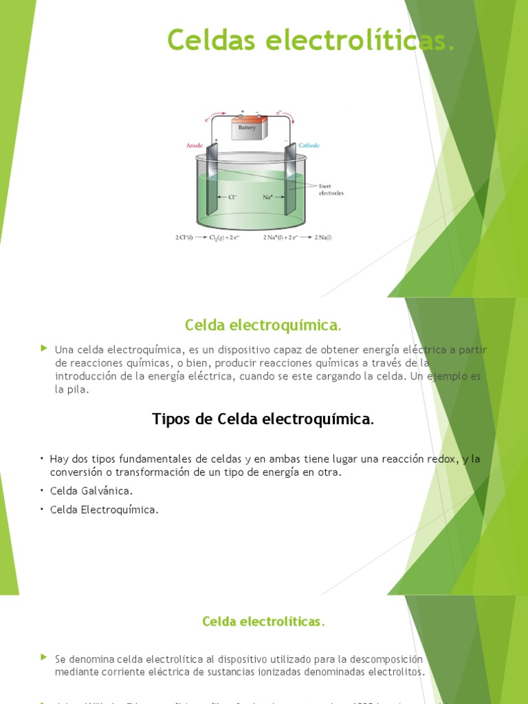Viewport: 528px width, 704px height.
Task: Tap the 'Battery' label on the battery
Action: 247,128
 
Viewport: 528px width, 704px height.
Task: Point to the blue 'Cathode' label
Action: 309,146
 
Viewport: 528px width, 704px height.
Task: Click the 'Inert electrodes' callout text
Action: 331,189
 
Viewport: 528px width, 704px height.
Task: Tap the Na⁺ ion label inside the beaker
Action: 269,197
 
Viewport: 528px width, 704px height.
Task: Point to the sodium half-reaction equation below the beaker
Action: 297,237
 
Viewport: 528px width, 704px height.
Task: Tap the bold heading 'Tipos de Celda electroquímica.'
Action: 263,419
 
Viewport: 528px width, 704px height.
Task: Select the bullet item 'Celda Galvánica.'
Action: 91,491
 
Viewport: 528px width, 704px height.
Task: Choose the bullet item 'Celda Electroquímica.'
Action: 104,509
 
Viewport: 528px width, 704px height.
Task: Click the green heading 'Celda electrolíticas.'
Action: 263,621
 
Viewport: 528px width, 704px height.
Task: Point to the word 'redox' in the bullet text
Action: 441,459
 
